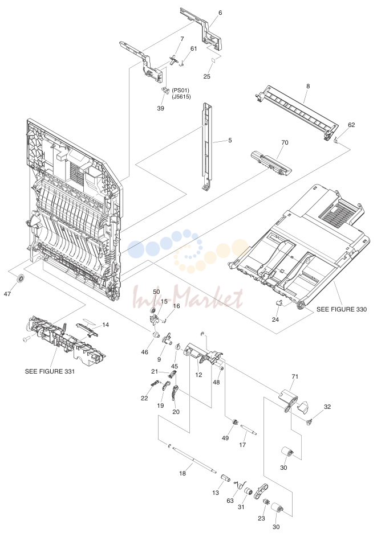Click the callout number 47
coord(7,293)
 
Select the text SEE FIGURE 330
coord(341,309)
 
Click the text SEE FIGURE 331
coord(50,371)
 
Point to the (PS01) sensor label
coord(180,91)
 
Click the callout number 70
coord(285,142)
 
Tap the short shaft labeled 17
coord(248,430)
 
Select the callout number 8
coord(308,86)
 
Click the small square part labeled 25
coord(213,60)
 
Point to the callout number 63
coord(230,501)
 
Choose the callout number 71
coord(295,377)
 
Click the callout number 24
coord(275,319)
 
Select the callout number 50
coord(156,292)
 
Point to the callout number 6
coord(220,13)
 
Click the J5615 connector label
coord(181,97)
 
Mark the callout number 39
coord(160,108)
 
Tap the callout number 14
coord(106,325)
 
